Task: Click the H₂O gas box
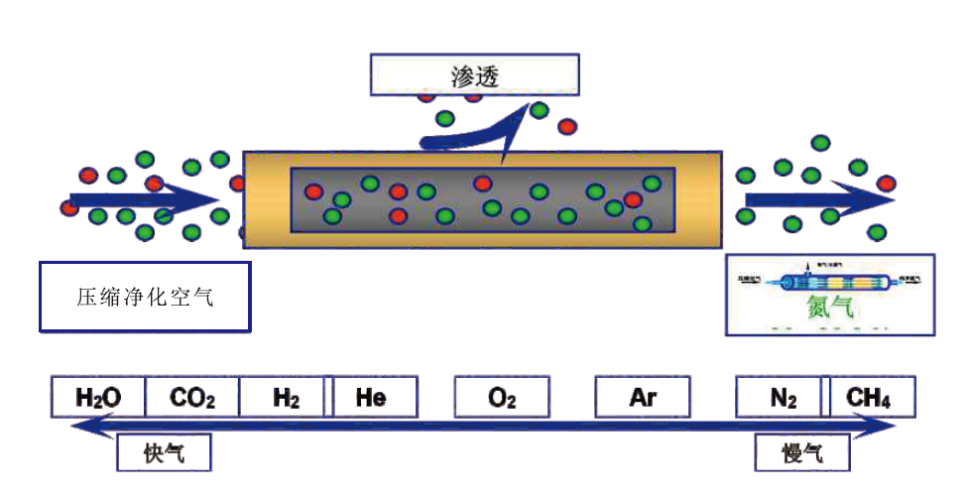pos(98,398)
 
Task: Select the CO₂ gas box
pos(192,398)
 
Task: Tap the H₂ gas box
pos(286,398)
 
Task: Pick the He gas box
pos(372,398)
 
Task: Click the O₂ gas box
pos(502,398)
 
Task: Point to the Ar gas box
pos(643,398)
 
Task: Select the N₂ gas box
pos(783,398)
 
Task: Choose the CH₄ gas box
pos(868,398)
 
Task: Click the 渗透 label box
pos(474,73)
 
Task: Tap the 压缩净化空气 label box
pos(144,296)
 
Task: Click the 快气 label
pos(164,453)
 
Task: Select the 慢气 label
pos(801,453)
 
